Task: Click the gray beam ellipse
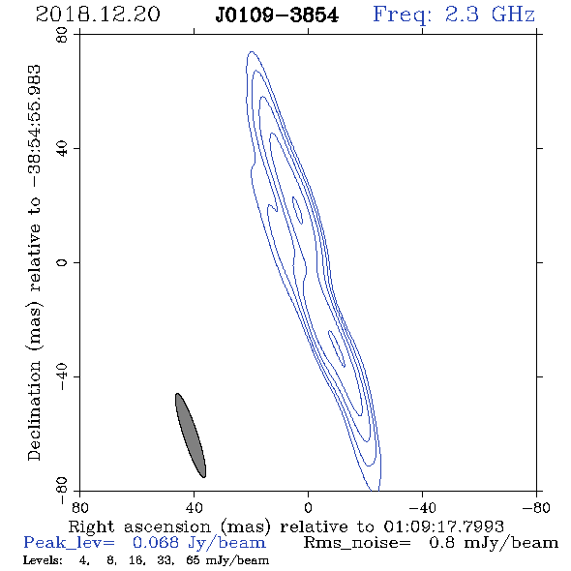(191, 436)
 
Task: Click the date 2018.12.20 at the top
(98, 15)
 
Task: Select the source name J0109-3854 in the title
(277, 15)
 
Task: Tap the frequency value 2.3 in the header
(462, 15)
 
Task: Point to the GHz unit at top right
(513, 15)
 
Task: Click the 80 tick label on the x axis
(79, 507)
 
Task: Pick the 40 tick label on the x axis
(194, 507)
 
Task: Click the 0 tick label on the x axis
(308, 507)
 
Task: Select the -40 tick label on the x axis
(422, 507)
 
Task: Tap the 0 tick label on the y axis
(62, 262)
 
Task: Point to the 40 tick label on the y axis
(62, 148)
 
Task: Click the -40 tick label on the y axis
(62, 376)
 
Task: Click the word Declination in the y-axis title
(34, 410)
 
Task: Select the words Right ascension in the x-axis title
(139, 526)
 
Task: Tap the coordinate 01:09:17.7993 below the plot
(443, 526)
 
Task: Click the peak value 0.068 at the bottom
(156, 543)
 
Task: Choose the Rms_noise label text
(356, 543)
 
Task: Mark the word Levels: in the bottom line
(43, 559)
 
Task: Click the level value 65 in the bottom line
(193, 559)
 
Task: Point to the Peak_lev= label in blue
(69, 543)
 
